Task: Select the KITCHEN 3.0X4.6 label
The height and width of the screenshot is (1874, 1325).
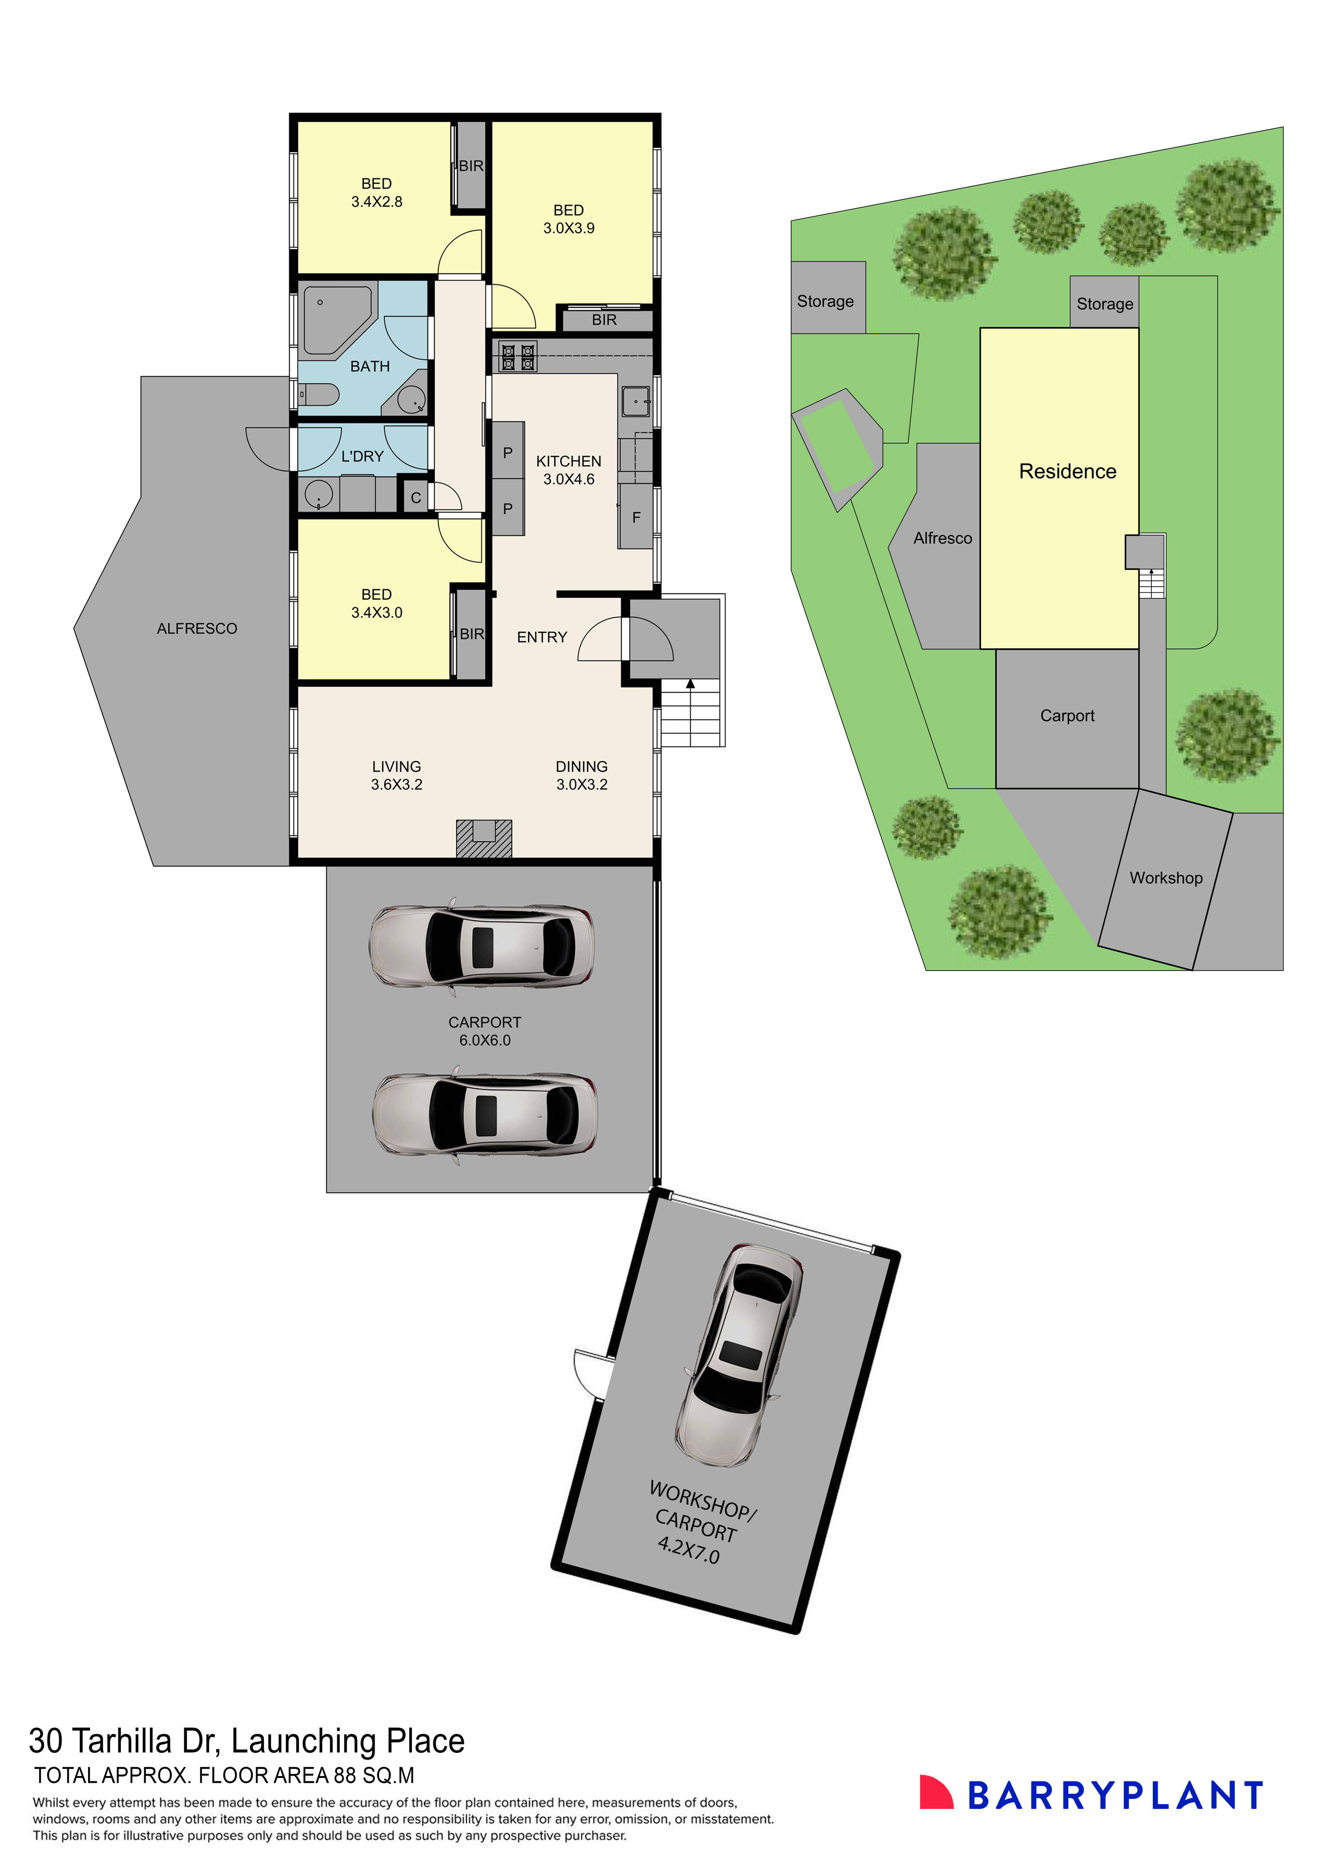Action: click(x=569, y=470)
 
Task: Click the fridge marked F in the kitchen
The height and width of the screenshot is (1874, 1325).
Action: click(x=635, y=517)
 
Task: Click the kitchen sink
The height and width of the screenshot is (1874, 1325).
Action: click(x=635, y=401)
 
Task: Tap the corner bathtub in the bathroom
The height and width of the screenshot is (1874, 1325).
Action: click(x=335, y=317)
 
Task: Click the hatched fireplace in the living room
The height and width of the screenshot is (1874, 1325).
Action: click(x=484, y=838)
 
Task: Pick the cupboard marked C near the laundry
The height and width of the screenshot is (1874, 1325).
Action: click(x=415, y=497)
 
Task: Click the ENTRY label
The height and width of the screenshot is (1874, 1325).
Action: click(x=542, y=637)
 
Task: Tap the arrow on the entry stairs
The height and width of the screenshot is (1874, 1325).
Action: click(x=690, y=684)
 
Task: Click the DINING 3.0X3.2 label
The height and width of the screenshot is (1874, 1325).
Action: click(x=582, y=775)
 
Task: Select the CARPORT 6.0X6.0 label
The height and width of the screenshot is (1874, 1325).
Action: click(x=485, y=1031)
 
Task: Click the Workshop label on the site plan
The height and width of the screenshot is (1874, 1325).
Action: click(x=1166, y=878)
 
